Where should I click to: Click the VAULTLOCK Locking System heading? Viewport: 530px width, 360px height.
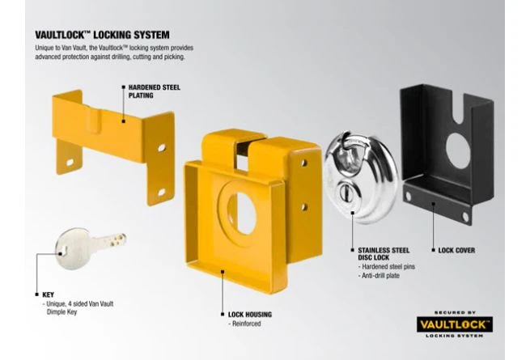(103, 35)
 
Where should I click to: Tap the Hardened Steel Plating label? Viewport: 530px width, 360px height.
(154, 91)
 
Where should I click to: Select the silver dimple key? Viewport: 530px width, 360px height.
(91, 248)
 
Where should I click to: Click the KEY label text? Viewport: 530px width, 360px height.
(48, 294)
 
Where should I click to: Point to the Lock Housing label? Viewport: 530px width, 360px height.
(250, 315)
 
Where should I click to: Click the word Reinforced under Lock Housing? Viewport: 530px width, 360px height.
(247, 324)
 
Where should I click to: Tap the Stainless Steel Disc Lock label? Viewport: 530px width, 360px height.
(384, 254)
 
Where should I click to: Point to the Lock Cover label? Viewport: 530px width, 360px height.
(456, 251)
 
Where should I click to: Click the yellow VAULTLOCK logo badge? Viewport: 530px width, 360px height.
(454, 325)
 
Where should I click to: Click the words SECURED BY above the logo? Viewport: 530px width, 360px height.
(455, 313)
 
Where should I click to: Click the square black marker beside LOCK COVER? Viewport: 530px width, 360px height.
(434, 251)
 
